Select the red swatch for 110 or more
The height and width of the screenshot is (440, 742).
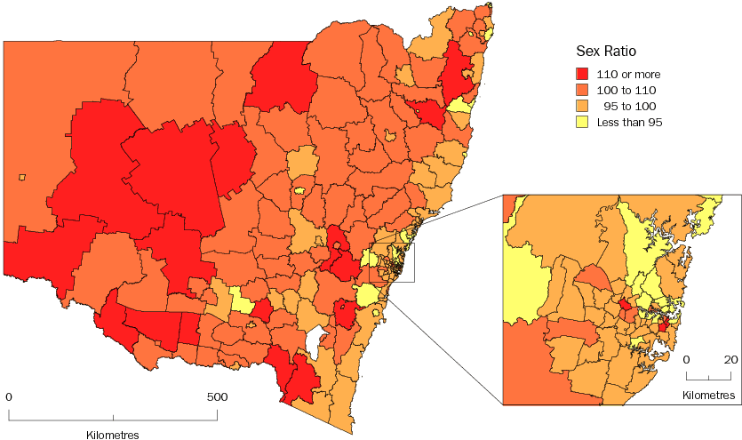(x=584, y=74)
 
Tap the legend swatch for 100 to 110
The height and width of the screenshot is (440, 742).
(x=584, y=90)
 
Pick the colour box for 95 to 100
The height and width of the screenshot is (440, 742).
(x=584, y=106)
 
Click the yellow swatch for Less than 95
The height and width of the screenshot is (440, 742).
(x=584, y=122)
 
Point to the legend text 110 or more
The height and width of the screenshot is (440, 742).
(x=627, y=74)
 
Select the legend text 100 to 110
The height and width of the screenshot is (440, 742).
(x=626, y=90)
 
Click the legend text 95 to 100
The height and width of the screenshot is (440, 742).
(x=630, y=106)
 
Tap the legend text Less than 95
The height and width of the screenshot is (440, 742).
(x=631, y=122)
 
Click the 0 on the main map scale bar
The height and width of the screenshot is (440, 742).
(x=8, y=396)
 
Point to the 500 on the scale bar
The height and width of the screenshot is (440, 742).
(x=217, y=396)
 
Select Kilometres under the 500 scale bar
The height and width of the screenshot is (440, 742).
(x=113, y=435)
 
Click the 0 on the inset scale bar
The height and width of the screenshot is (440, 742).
(x=687, y=360)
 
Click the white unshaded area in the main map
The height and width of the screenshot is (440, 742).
(x=312, y=340)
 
